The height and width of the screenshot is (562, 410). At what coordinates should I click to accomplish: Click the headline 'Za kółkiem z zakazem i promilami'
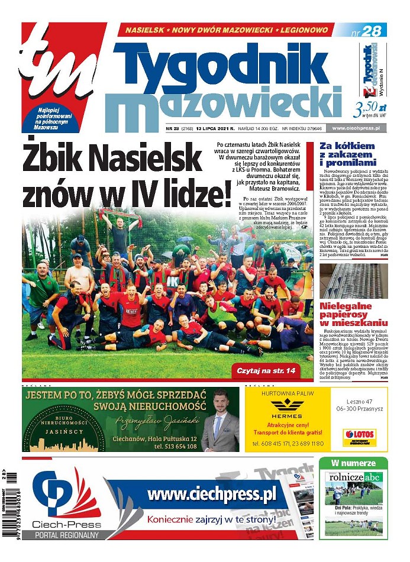(348, 154)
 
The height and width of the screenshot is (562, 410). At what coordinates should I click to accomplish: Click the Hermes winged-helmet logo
(286, 406)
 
